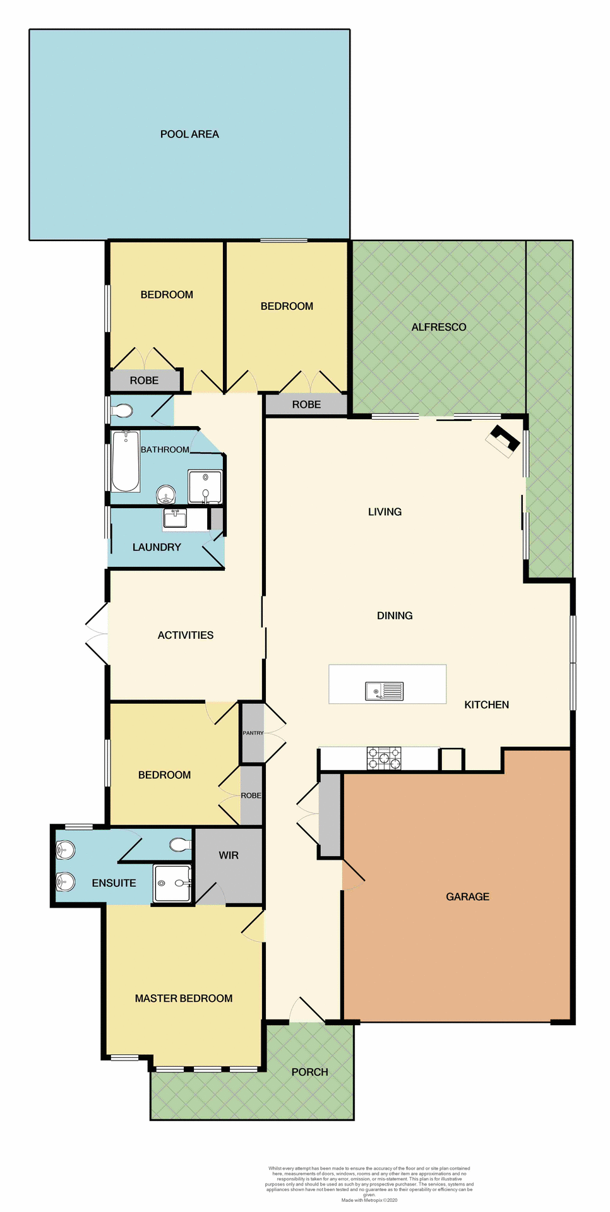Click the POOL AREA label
189,134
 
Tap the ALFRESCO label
438,327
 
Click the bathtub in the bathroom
126,461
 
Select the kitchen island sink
384,691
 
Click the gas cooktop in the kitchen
384,758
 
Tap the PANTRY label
253,733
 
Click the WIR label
229,855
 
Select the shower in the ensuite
172,883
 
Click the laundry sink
175,518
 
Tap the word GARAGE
467,896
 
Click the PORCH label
309,1072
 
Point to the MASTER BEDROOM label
184,998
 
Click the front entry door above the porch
308,1010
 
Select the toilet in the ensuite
180,845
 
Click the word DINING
395,615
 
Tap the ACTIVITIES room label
185,635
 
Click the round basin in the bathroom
166,493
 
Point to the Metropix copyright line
369,1200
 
